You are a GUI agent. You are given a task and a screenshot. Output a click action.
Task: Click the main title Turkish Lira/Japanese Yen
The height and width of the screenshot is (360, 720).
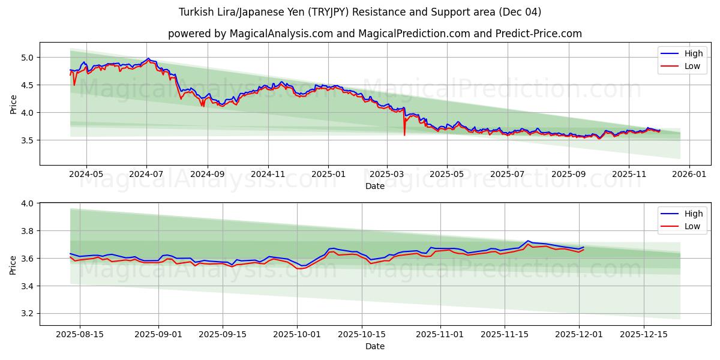pos(359,12)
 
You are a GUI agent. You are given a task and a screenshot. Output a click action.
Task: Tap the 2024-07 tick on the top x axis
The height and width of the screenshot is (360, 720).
pos(147,173)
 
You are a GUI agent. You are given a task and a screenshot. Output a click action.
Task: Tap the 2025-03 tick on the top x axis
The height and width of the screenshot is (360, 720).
pos(387,173)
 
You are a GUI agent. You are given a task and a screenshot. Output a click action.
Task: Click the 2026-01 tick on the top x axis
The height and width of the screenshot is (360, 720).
pos(689,173)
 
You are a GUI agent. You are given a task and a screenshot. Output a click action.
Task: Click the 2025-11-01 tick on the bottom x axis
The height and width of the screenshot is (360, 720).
pos(440,334)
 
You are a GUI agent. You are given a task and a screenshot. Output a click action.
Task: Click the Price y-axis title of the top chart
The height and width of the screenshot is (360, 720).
pos(13,104)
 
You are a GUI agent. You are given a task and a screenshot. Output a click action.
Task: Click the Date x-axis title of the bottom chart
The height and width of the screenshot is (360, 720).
pos(374,346)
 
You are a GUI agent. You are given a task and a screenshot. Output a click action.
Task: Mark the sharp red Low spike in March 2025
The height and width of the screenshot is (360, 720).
pos(404,134)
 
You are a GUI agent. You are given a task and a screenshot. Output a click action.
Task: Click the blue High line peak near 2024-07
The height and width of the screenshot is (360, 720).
pos(148,59)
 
